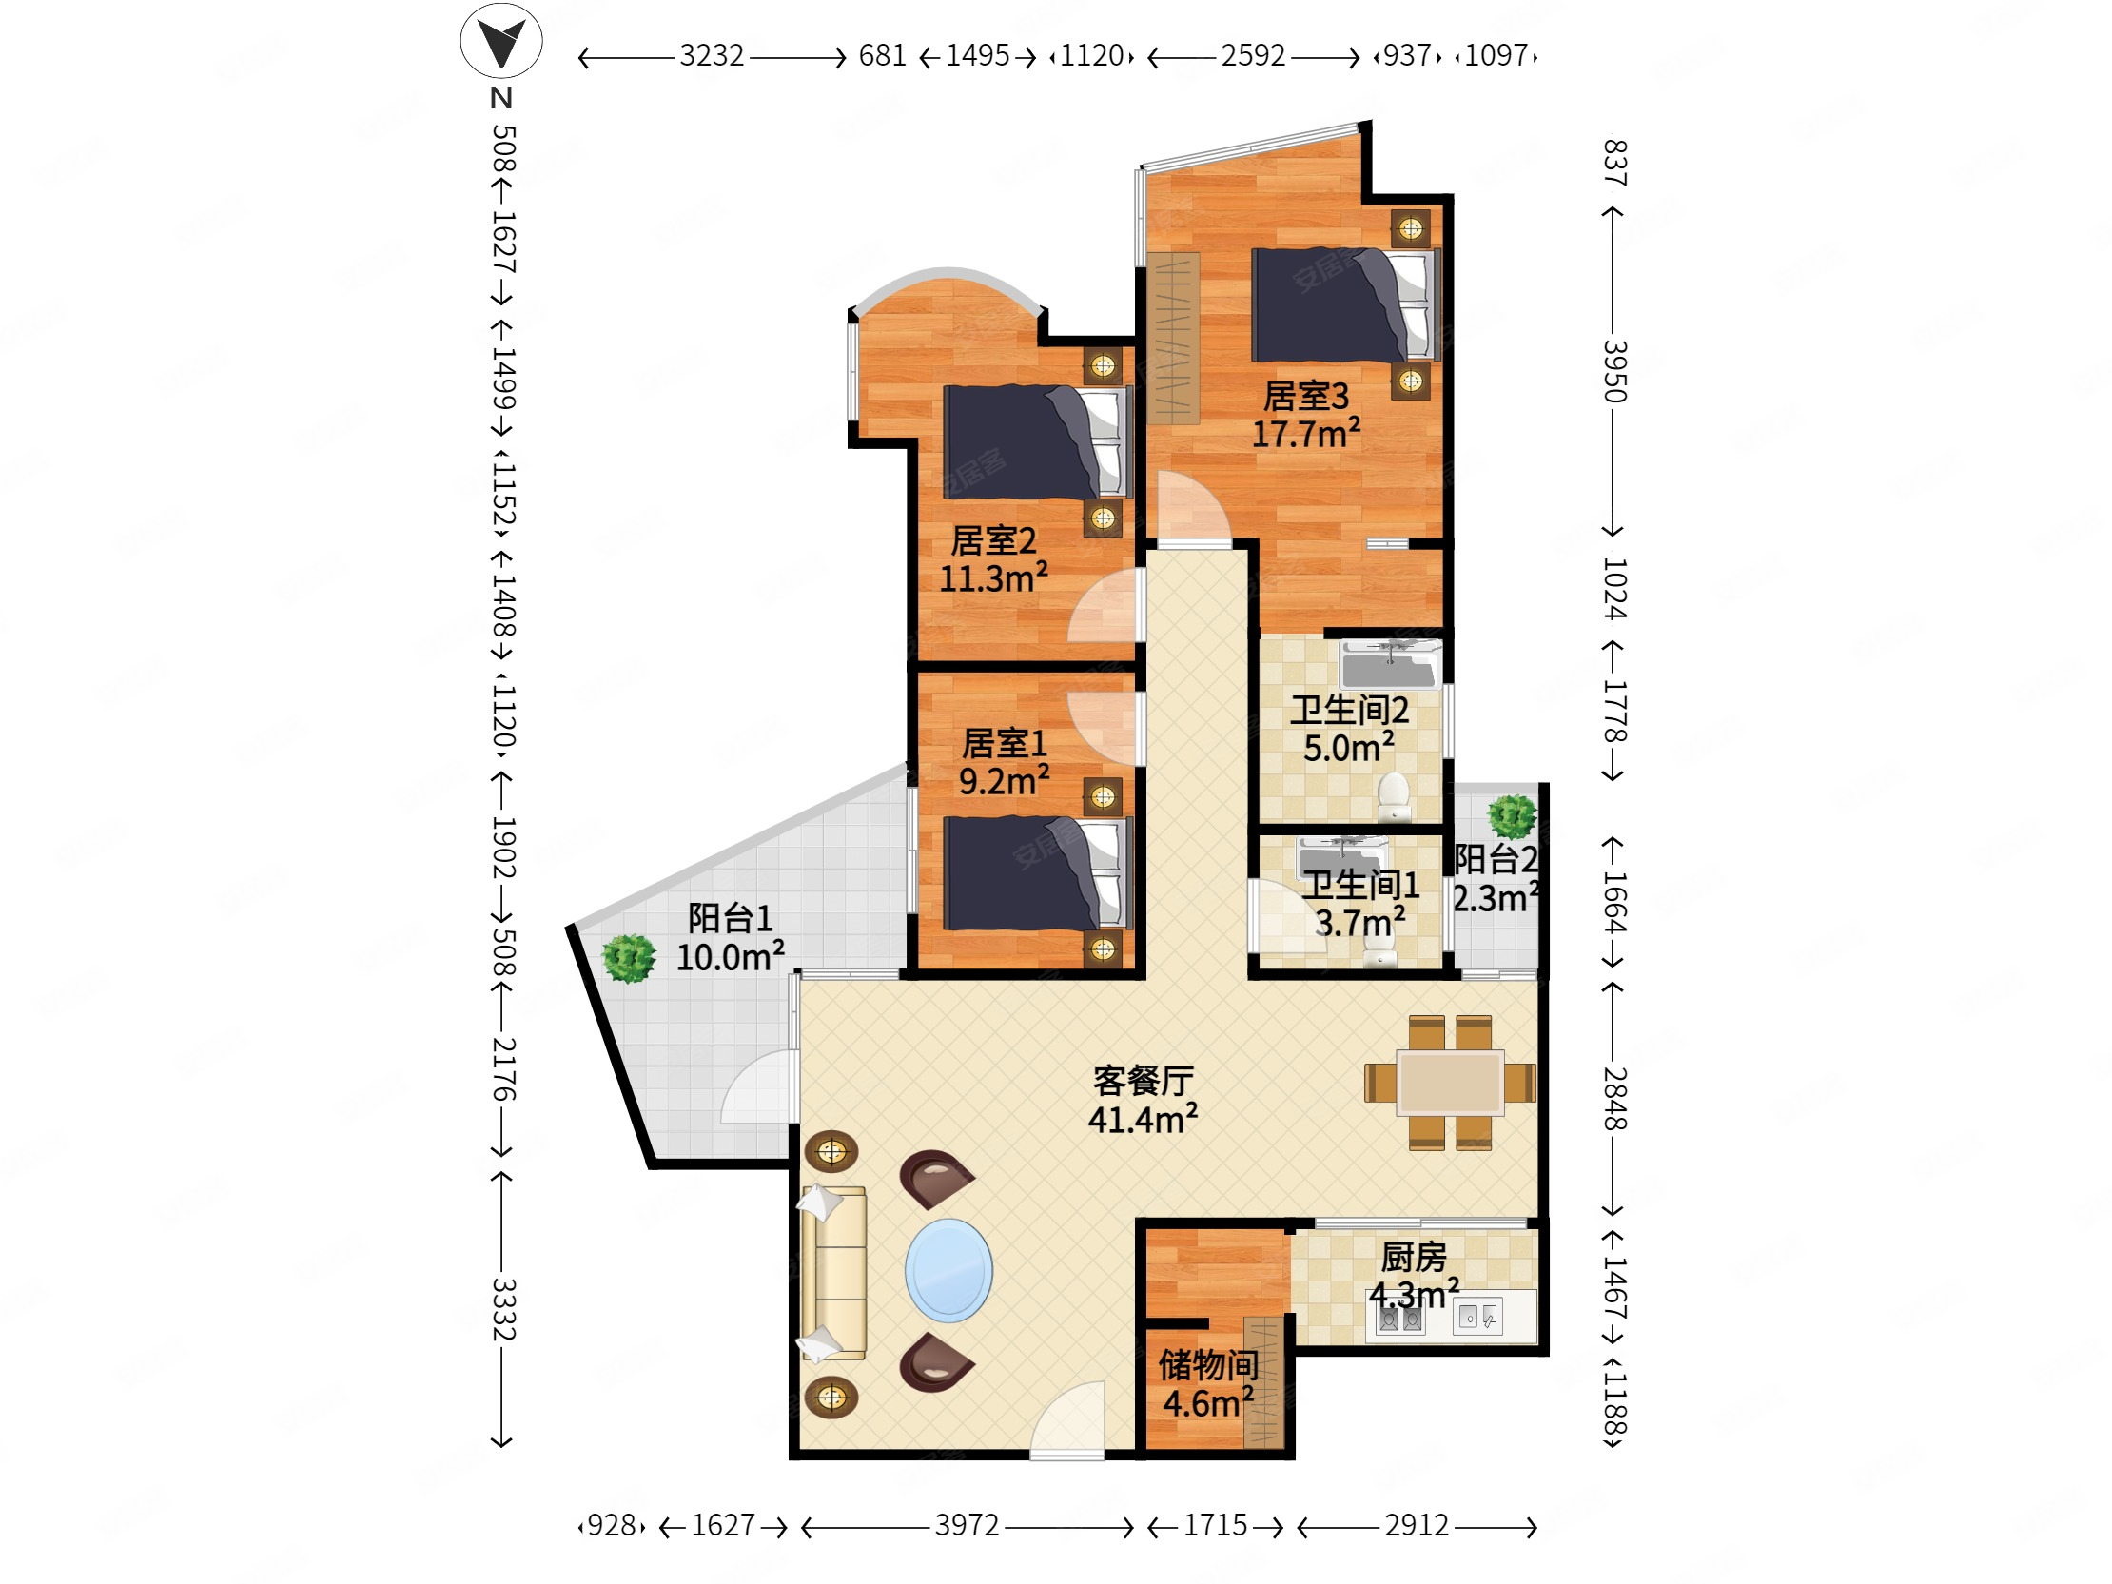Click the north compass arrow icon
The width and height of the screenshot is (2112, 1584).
pyautogui.click(x=501, y=41)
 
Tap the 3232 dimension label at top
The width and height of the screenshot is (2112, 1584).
pyautogui.click(x=712, y=56)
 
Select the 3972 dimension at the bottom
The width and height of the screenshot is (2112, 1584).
pyautogui.click(x=967, y=1526)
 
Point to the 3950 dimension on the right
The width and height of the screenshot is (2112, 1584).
pyautogui.click(x=1613, y=371)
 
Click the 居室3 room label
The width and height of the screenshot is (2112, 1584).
pyautogui.click(x=1305, y=395)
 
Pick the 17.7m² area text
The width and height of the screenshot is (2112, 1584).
pyautogui.click(x=1305, y=434)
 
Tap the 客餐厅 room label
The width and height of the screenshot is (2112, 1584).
pyautogui.click(x=1143, y=1081)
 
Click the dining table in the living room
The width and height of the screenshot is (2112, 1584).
pyautogui.click(x=1450, y=1083)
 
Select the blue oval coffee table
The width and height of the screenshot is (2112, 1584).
pyautogui.click(x=948, y=1271)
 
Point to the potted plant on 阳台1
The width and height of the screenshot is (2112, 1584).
pyautogui.click(x=628, y=958)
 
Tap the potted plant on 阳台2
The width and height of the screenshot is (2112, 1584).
pyautogui.click(x=1512, y=817)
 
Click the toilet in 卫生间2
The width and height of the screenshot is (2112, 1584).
pyautogui.click(x=1394, y=797)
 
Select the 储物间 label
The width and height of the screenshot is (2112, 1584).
pyautogui.click(x=1208, y=1365)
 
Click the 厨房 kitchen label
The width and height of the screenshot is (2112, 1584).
pyautogui.click(x=1413, y=1258)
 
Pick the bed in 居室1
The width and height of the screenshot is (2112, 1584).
pyautogui.click(x=1038, y=873)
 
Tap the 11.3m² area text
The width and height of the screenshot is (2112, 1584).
pyautogui.click(x=993, y=578)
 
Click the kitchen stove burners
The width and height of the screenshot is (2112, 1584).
pyautogui.click(x=1399, y=1319)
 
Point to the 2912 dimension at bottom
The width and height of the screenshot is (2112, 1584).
pyautogui.click(x=1416, y=1526)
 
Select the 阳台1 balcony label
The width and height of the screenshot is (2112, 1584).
pyautogui.click(x=731, y=918)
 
